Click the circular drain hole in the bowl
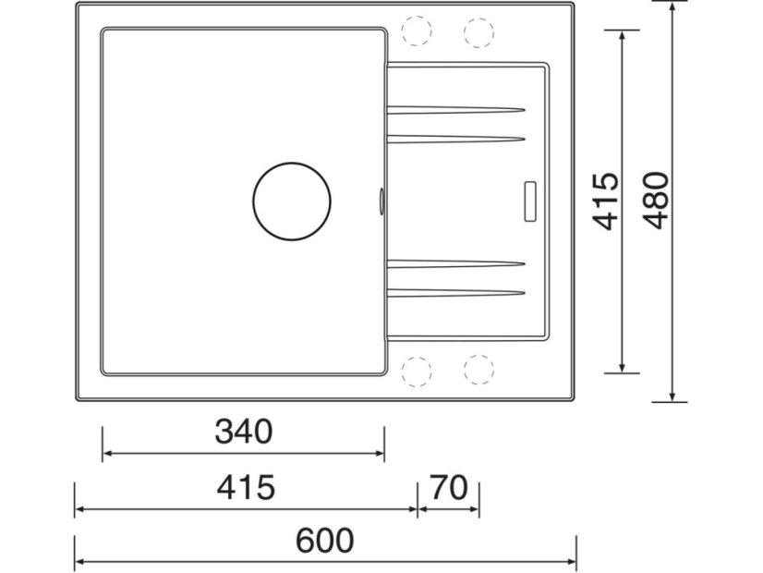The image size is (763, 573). pos(292,201)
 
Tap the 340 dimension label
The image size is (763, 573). pos(244,432)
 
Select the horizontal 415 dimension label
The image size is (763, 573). pos(245,487)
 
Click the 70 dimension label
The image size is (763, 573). pos(449,487)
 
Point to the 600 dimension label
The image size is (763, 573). pos(325,540)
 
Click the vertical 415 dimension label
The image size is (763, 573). pos(605,201)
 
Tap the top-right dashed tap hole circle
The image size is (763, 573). pos(478,31)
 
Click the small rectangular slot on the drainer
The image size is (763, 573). pos(532,201)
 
